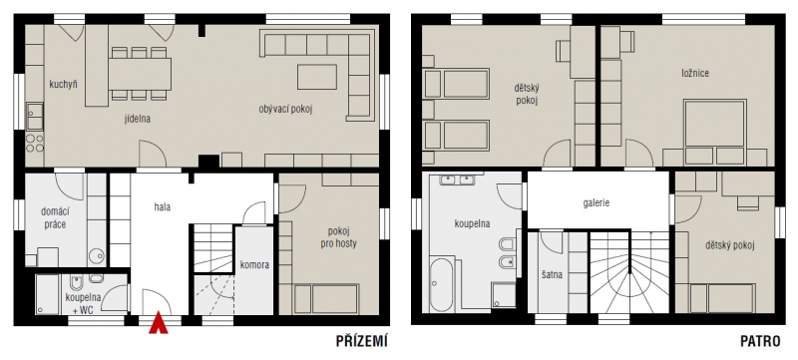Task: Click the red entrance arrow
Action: click(x=159, y=323)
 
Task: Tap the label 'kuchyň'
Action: click(x=63, y=84)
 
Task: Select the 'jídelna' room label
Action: click(x=138, y=119)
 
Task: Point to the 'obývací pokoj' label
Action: click(x=285, y=109)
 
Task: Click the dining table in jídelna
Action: click(x=140, y=74)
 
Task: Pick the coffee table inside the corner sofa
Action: click(x=317, y=77)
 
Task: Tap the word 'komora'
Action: click(x=254, y=264)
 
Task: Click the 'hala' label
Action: click(x=162, y=207)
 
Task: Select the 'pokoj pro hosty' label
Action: click(x=338, y=238)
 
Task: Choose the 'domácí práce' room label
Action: click(x=54, y=218)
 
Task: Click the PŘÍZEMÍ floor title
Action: click(x=362, y=342)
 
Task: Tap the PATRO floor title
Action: click(x=760, y=342)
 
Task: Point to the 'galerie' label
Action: click(x=597, y=202)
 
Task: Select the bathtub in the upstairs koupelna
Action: click(x=441, y=285)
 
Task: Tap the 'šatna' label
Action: click(x=553, y=275)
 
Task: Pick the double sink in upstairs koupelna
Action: click(x=457, y=180)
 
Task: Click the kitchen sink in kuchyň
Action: click(x=35, y=116)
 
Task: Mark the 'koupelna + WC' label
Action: click(x=83, y=302)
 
